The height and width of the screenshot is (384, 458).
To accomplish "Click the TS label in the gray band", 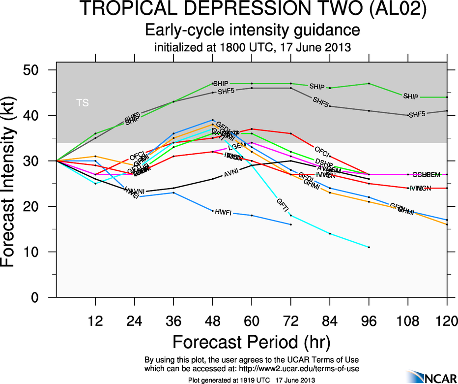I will point(83,103).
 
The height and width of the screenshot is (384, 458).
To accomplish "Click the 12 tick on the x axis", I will point(95,321).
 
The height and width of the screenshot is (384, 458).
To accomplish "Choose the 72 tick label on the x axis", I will point(291,321).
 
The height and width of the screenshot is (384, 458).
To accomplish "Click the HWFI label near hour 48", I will point(224,212).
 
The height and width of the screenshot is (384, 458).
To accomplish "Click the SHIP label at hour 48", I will point(221,84).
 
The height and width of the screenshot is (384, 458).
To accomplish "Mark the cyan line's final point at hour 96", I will point(369,247).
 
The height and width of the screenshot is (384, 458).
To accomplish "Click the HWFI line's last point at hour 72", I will point(291,224).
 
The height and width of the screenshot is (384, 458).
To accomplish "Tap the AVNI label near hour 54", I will point(231,174).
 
